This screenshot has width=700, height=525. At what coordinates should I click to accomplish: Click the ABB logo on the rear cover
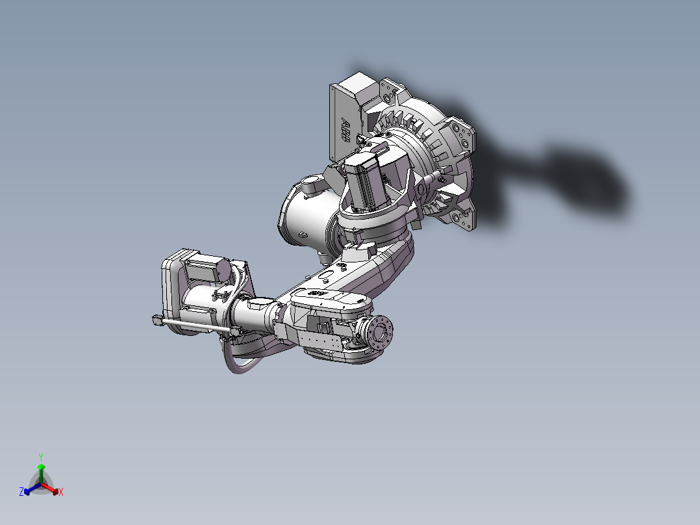tap(346, 131)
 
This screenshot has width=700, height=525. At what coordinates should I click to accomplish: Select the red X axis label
tap(61, 493)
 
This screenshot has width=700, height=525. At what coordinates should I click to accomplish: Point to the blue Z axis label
tap(21, 492)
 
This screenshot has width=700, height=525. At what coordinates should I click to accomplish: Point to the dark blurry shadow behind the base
tap(571, 175)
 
